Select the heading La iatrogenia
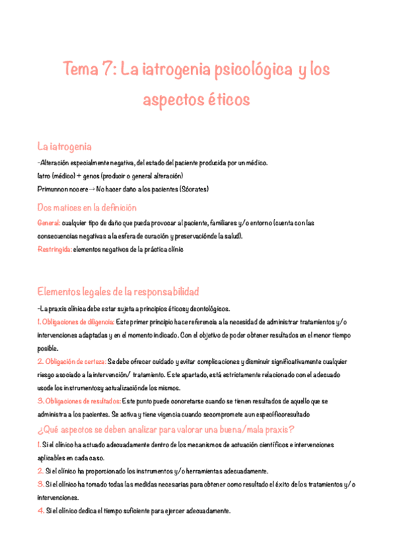pyautogui.click(x=64, y=146)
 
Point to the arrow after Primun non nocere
pyautogui.click(x=92, y=189)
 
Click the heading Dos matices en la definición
pyautogui.click(x=87, y=207)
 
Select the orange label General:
pyautogui.click(x=49, y=223)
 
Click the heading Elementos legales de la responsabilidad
pyautogui.click(x=118, y=291)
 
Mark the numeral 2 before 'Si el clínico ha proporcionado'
pyautogui.click(x=40, y=471)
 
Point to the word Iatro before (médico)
pyautogui.click(x=45, y=176)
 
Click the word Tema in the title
pyautogui.click(x=78, y=69)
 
